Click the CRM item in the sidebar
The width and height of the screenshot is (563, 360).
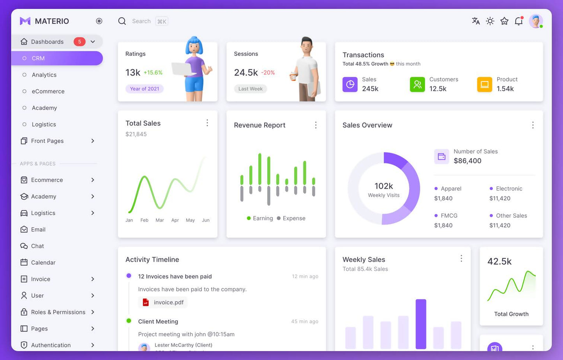tap(38, 58)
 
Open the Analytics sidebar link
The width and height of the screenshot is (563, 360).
tap(44, 75)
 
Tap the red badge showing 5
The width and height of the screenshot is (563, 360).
tap(79, 42)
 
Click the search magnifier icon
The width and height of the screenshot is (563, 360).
tap(122, 21)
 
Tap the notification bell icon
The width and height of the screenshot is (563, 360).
tap(519, 21)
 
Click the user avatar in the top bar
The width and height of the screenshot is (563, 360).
tap(536, 21)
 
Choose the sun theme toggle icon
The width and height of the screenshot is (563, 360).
tap(490, 21)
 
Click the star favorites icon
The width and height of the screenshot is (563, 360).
tap(505, 21)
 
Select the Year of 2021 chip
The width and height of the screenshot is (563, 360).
tap(145, 89)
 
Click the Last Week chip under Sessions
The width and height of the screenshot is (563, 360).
tap(251, 89)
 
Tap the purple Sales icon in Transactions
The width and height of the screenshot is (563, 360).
tap(350, 84)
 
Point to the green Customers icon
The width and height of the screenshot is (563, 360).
tap(417, 84)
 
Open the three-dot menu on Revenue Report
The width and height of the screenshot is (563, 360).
tap(316, 125)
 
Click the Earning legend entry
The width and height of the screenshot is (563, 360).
tap(260, 218)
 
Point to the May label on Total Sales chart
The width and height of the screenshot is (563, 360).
tap(190, 220)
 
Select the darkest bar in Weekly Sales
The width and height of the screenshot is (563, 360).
tap(421, 324)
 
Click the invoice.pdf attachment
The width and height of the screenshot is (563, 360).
tap(163, 302)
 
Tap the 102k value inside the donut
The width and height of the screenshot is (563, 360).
tap(384, 186)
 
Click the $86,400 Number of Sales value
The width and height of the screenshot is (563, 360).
tap(468, 161)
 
